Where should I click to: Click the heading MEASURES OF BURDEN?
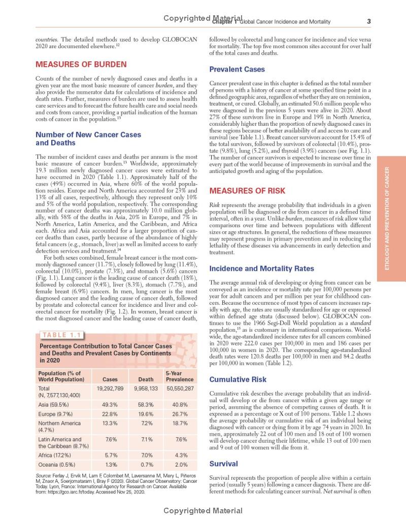[x=81, y=64]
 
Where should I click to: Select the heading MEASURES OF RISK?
[x=247, y=191]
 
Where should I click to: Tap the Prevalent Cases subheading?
[x=237, y=69]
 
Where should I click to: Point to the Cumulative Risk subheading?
[x=238, y=379]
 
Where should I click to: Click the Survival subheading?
[x=223, y=463]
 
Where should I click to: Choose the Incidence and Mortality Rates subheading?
[x=261, y=268]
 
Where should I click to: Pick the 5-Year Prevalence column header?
[x=180, y=376]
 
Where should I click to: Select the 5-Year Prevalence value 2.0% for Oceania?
[x=180, y=464]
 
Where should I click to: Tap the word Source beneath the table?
[x=44, y=474]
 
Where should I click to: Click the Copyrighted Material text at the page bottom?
[x=203, y=511]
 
